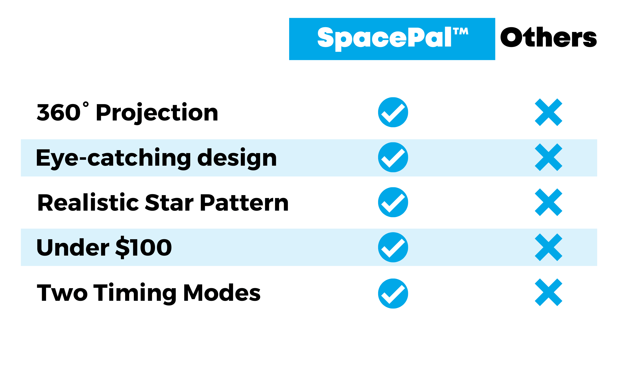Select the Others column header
(x=548, y=37)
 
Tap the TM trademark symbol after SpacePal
(x=461, y=31)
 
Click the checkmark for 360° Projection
(x=393, y=112)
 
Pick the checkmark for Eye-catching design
(x=393, y=157)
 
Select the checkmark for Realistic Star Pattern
(x=393, y=202)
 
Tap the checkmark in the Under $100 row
(x=393, y=247)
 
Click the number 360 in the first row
(x=59, y=112)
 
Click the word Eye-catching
(x=113, y=158)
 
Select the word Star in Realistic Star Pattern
(x=169, y=202)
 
